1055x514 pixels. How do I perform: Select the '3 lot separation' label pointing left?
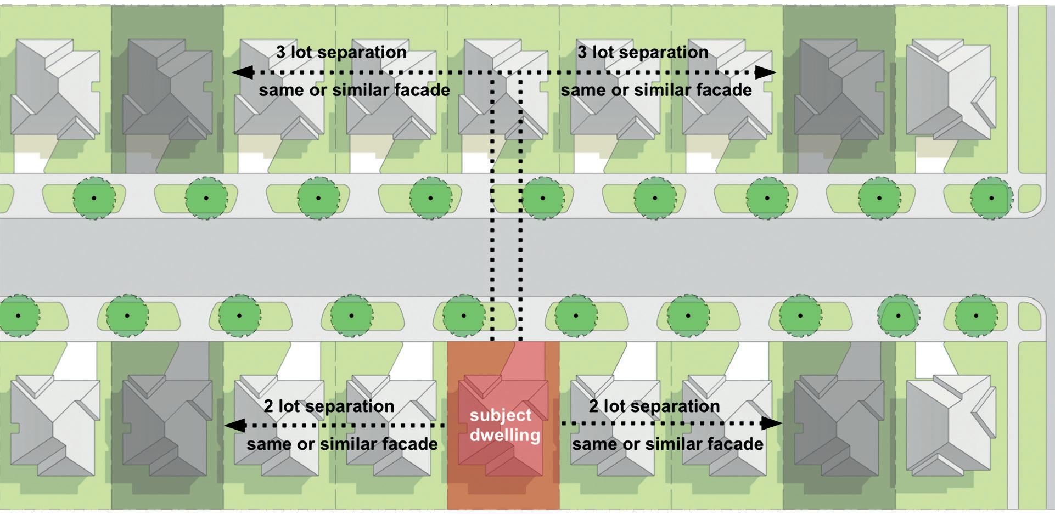tap(341, 53)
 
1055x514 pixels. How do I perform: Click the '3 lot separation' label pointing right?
tap(643, 53)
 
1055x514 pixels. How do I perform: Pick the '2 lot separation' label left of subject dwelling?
tap(329, 406)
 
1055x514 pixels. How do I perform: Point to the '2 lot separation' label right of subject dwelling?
tap(654, 406)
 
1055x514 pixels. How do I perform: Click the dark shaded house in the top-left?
tap(167, 91)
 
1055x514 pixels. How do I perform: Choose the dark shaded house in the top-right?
tap(839, 91)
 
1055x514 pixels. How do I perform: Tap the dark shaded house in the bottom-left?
tap(167, 425)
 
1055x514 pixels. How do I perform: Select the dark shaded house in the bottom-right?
tap(839, 425)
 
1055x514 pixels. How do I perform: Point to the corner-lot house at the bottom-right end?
tap(950, 425)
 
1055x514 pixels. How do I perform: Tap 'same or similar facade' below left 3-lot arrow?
tap(354, 91)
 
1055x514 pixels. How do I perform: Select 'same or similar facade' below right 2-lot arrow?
tap(667, 444)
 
